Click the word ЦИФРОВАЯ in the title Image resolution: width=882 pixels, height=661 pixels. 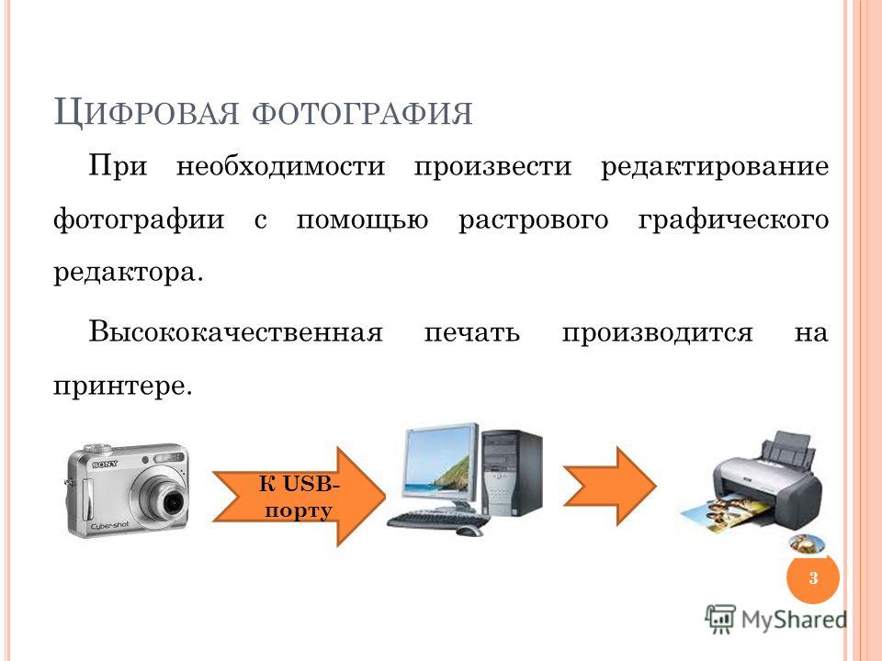(146, 112)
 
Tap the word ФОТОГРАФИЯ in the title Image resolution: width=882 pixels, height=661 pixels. (362, 114)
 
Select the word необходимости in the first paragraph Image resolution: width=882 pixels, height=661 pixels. (281, 166)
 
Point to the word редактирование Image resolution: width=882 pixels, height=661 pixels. (715, 167)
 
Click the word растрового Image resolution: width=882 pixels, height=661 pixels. (533, 220)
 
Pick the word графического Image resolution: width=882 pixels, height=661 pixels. (733, 220)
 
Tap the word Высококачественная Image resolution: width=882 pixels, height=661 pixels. (236, 331)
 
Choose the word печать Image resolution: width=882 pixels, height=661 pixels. (472, 332)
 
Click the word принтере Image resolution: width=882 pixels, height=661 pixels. (122, 387)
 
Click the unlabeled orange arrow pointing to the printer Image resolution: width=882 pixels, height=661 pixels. (610, 487)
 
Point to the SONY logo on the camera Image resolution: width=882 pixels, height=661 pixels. (105, 465)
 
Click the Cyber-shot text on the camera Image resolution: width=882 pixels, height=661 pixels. (109, 525)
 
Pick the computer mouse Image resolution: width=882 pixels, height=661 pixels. (469, 532)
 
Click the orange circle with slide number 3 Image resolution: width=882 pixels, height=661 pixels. (813, 577)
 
